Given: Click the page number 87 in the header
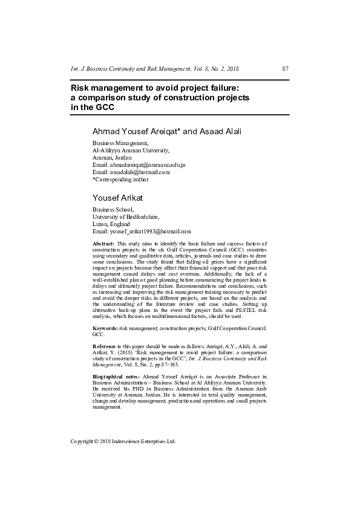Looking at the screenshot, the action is [x=285, y=70].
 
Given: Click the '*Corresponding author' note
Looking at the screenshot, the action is [x=120, y=179].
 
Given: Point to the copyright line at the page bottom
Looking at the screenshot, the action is [x=123, y=441].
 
